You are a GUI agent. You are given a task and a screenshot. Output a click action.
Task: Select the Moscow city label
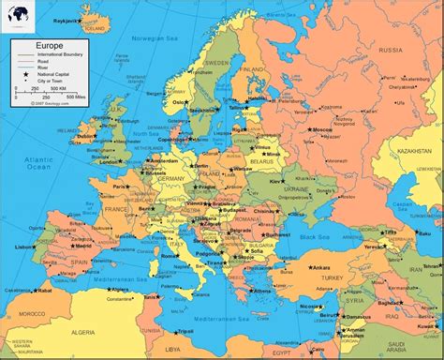(x=323, y=129)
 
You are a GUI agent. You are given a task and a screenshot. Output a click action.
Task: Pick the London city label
(x=110, y=160)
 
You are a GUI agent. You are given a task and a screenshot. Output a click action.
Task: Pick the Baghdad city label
(x=391, y=305)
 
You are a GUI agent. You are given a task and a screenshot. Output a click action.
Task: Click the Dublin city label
(x=86, y=136)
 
